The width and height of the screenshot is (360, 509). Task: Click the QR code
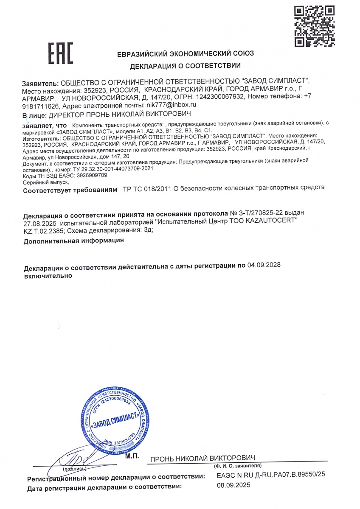pyautogui.click(x=314, y=26)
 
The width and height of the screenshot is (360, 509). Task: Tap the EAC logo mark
pyautogui.click(x=60, y=54)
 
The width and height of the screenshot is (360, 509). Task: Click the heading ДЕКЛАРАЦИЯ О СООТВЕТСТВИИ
pyautogui.click(x=186, y=66)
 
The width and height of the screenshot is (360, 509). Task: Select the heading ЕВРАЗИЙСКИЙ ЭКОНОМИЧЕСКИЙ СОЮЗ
pyautogui.click(x=186, y=54)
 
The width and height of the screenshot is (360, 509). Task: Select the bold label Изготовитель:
pyautogui.click(x=41, y=138)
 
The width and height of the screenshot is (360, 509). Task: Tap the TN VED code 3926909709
pyautogui.click(x=89, y=175)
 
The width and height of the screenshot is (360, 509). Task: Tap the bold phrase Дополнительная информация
pyautogui.click(x=74, y=241)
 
